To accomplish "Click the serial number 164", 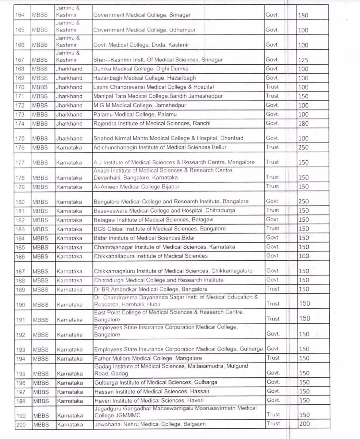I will pos(20,15).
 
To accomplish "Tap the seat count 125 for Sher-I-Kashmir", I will pos(303,60).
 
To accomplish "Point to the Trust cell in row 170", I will pos(272,87).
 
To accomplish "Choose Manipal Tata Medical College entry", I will pos(158,96).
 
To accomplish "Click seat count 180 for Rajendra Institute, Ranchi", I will pos(303,123).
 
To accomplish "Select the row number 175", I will pos(20,138).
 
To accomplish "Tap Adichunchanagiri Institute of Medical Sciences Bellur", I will pos(160,147).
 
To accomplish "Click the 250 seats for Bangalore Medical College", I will pos(303,202).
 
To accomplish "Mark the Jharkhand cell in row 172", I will pos(69,105).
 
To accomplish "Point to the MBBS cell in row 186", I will pos(40,256).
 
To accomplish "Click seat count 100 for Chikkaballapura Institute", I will pos(303,256).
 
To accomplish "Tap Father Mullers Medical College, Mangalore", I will pos(148,358).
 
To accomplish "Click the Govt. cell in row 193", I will pos(273,349).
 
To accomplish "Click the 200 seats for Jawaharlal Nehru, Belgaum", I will pos(304,424).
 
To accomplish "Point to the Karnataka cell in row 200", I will pos(70,424).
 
